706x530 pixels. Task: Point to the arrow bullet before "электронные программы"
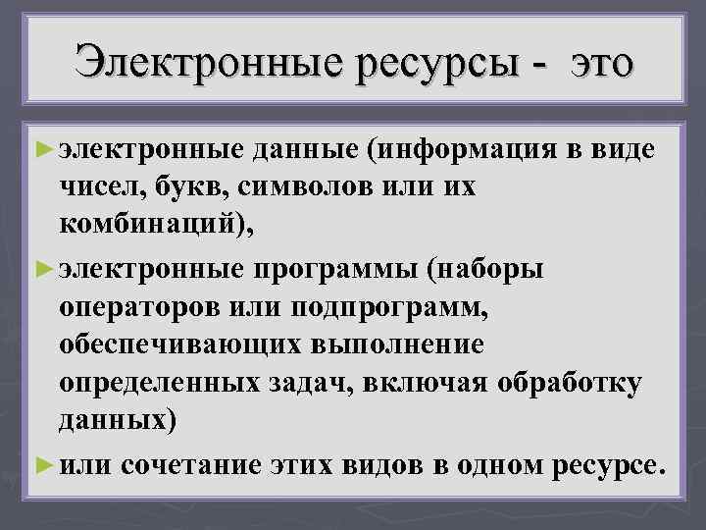42,267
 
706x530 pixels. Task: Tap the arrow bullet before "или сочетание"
42,460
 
